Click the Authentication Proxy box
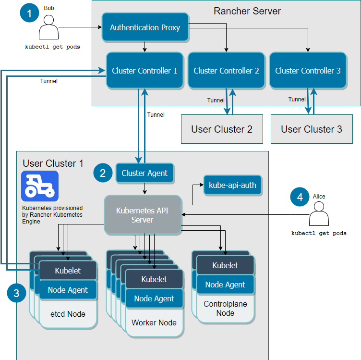coord(145,27)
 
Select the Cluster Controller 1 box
coord(144,71)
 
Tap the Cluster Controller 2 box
coord(226,71)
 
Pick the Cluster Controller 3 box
coord(308,71)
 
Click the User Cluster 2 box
coord(222,129)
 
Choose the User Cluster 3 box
coord(312,129)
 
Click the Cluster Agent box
coord(144,173)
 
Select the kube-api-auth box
coord(233,185)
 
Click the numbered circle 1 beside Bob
coord(30,12)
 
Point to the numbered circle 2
coord(103,173)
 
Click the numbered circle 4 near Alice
coord(300,197)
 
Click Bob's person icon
coord(48,29)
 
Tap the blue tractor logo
coord(40,186)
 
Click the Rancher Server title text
coord(247,11)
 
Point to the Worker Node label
coord(154,323)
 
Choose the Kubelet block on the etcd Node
coord(68,271)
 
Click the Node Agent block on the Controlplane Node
coord(225,285)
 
